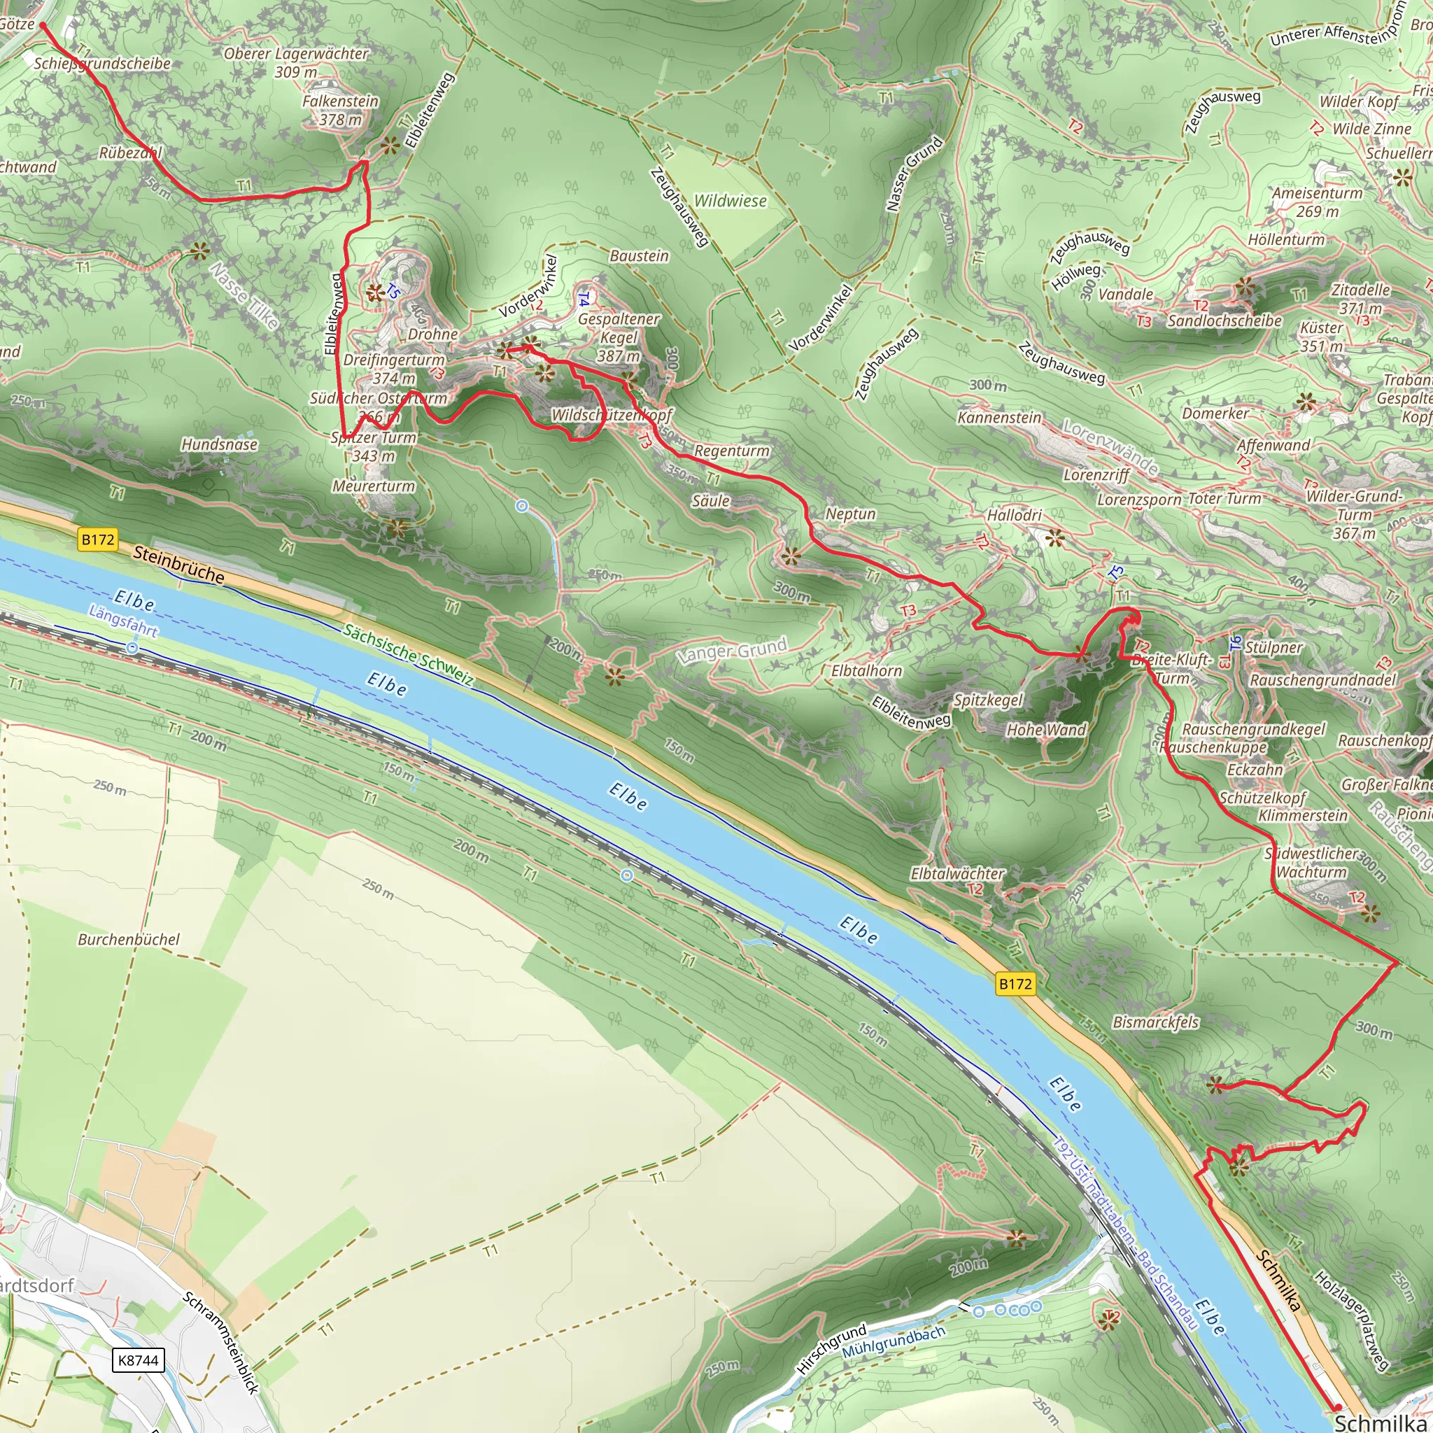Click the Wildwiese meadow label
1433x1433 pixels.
pyautogui.click(x=730, y=201)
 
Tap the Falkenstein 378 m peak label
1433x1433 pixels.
pyautogui.click(x=341, y=110)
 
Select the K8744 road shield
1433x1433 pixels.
pyautogui.click(x=138, y=1360)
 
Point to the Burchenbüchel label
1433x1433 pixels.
pyautogui.click(x=129, y=939)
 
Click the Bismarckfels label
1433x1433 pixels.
pyautogui.click(x=1156, y=1022)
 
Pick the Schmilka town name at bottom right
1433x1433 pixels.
pyautogui.click(x=1382, y=1422)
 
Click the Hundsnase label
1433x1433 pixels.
pyautogui.click(x=220, y=444)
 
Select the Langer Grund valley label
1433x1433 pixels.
pyautogui.click(x=732, y=651)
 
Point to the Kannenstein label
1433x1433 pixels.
pyautogui.click(x=998, y=418)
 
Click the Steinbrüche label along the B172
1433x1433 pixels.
pyautogui.click(x=178, y=565)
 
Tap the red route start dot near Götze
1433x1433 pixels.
pyautogui.click(x=43, y=26)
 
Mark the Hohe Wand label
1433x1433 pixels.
pyautogui.click(x=1046, y=730)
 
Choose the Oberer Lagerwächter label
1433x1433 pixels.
pyautogui.click(x=296, y=54)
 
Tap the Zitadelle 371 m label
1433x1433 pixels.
pyautogui.click(x=1360, y=298)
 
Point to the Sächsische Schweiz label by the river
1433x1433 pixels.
pyautogui.click(x=408, y=654)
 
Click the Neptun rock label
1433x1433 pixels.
pyautogui.click(x=851, y=514)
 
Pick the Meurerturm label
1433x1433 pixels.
pyautogui.click(x=374, y=486)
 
